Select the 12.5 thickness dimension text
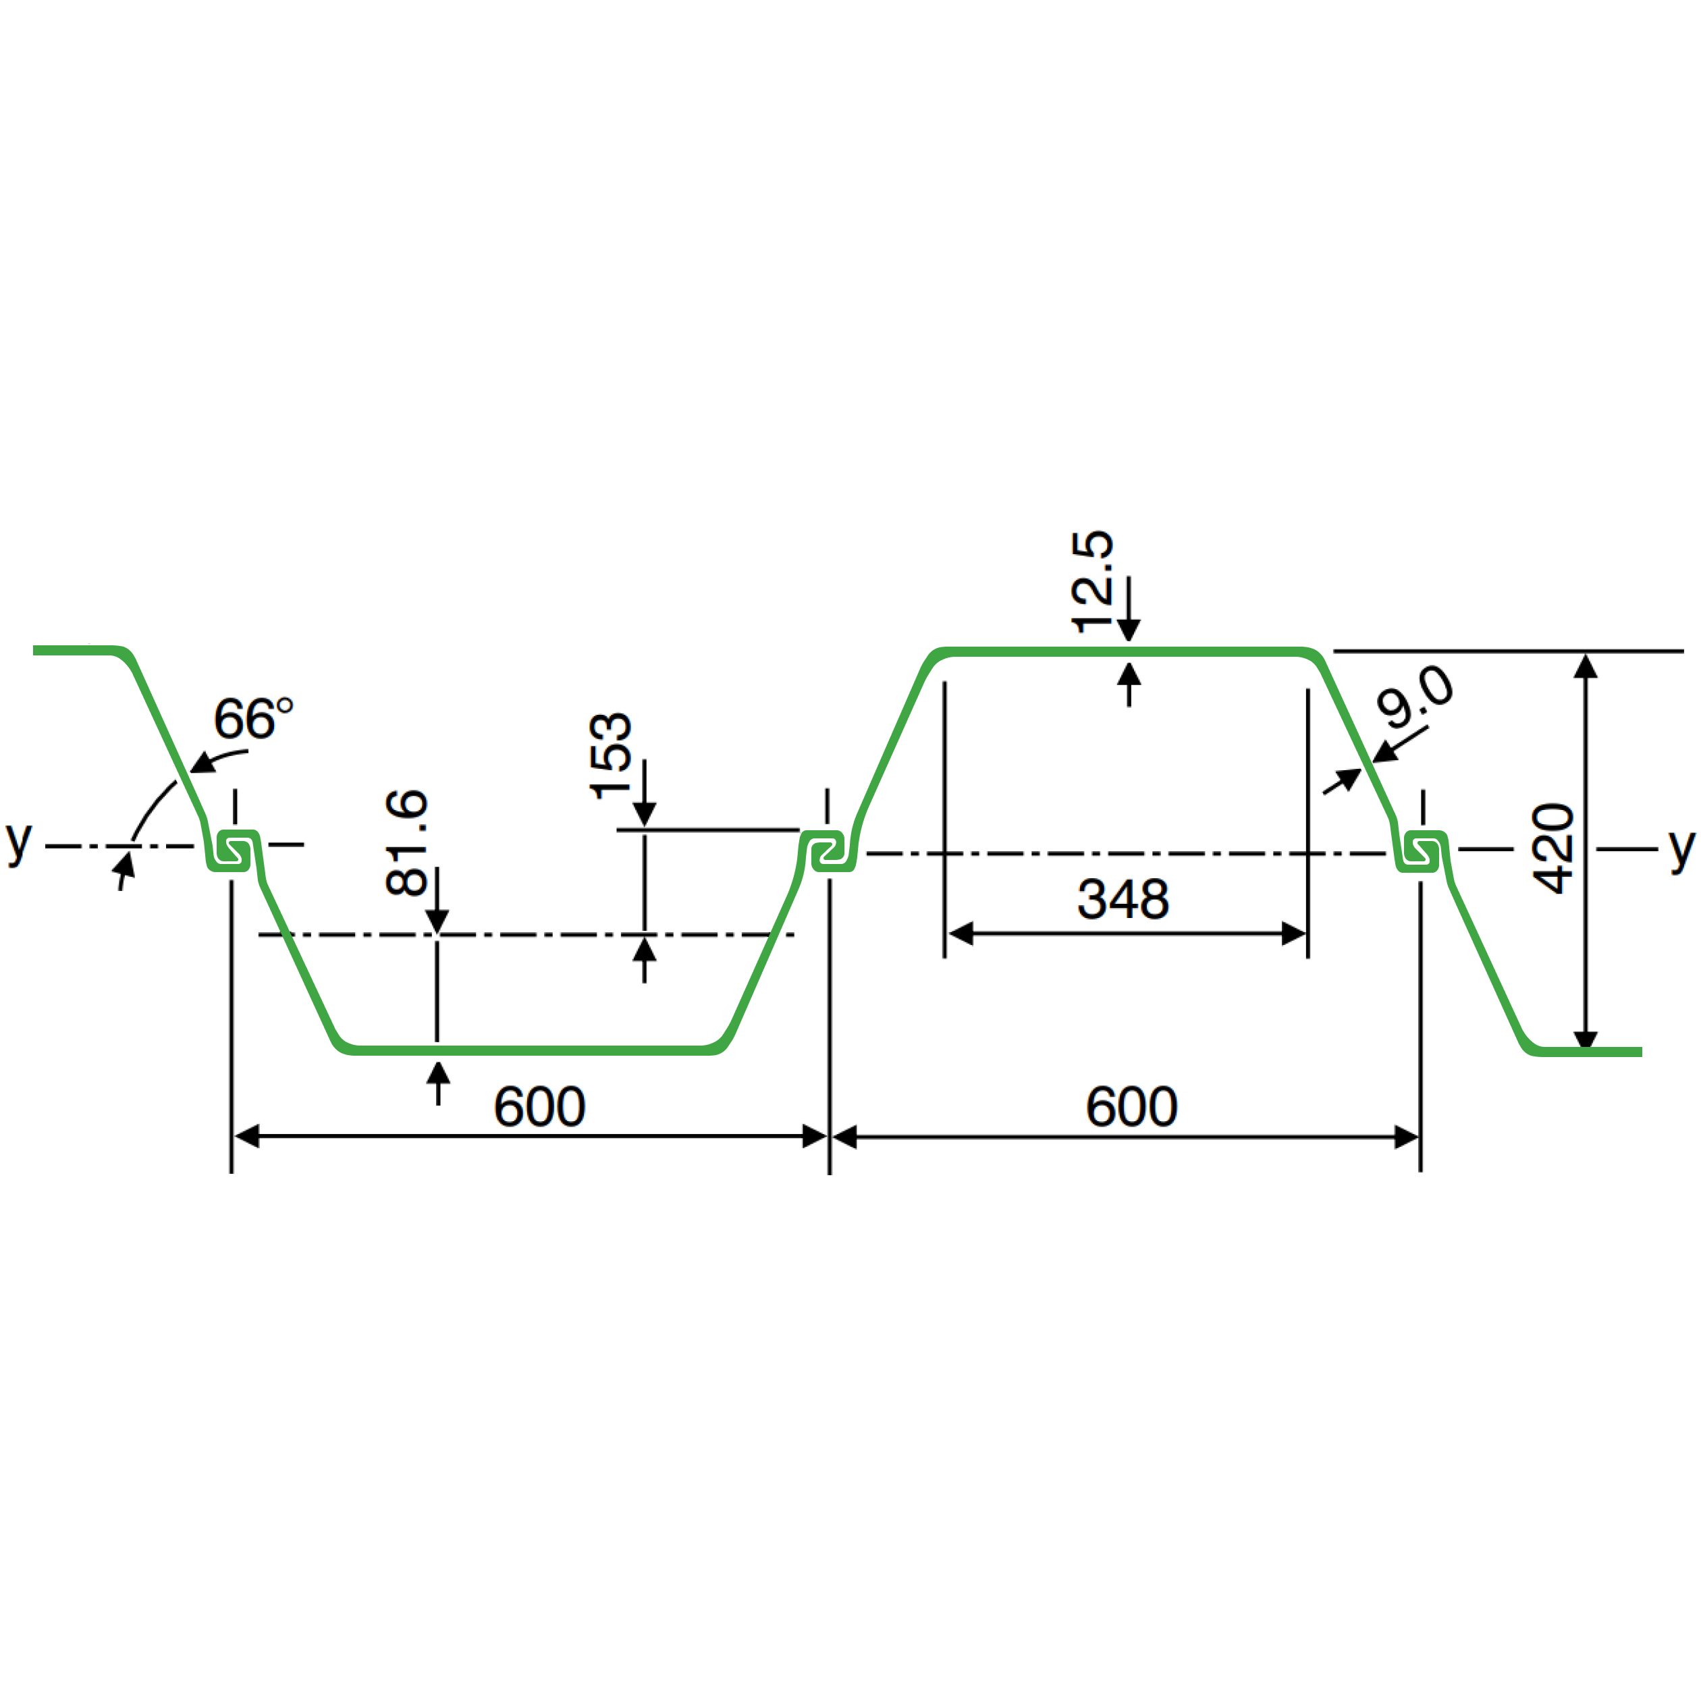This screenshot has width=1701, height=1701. [x=1091, y=582]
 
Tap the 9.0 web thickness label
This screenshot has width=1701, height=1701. [x=1415, y=697]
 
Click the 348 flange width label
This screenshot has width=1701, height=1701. [x=1123, y=899]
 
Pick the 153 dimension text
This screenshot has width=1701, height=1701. [x=610, y=756]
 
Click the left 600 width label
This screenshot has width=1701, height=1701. [x=540, y=1107]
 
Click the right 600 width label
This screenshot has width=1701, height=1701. [x=1131, y=1107]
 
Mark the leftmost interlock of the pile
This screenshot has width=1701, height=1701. [x=235, y=850]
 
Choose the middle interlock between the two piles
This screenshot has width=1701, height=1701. [x=828, y=851]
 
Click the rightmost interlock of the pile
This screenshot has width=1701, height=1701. [x=1421, y=851]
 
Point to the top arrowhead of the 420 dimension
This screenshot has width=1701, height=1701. [x=1586, y=666]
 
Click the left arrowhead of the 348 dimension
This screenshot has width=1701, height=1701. [x=960, y=934]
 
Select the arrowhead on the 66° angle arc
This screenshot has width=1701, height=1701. [x=202, y=761]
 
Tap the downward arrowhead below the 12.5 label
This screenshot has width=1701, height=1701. [x=1129, y=630]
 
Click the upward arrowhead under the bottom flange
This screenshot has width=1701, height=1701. [x=439, y=1073]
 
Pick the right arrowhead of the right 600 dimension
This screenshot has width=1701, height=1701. [x=1407, y=1137]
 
